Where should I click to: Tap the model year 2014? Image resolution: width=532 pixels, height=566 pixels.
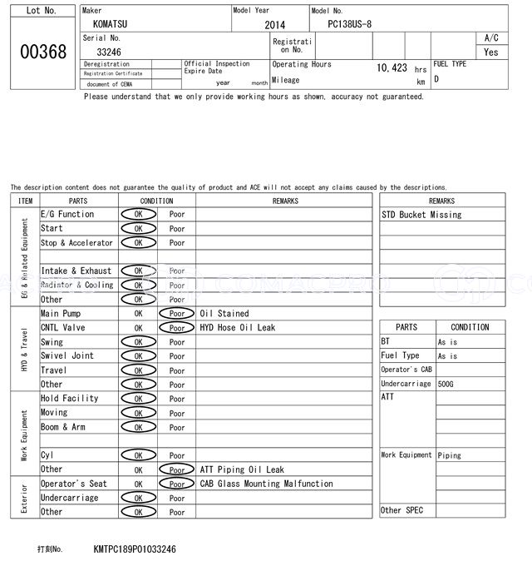coord(274,25)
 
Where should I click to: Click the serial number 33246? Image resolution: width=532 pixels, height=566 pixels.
coord(108,52)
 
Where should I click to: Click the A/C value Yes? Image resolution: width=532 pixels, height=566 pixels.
coord(491,52)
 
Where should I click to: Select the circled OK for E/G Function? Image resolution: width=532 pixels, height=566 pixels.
coord(138,215)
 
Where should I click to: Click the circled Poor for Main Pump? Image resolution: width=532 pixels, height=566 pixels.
coord(177,314)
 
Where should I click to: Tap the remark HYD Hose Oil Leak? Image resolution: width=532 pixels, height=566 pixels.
coord(238,328)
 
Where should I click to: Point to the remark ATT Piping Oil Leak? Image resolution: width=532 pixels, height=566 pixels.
coord(242,469)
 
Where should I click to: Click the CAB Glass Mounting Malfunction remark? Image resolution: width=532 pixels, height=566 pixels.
coord(266,484)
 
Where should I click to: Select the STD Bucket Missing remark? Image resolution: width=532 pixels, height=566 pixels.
coord(421,215)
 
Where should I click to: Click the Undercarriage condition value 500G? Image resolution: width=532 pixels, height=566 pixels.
coord(446,385)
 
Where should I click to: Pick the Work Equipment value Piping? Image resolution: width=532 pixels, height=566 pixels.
coord(450,455)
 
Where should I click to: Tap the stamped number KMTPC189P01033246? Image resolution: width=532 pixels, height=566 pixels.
coord(135,550)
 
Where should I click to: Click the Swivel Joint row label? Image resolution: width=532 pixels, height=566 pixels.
coord(67,356)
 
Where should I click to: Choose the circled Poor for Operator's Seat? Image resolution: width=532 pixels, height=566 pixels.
coord(177,484)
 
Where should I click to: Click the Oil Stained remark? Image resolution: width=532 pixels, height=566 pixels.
coord(224,314)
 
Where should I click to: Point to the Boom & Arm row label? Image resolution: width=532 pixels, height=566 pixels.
coord(63,427)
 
